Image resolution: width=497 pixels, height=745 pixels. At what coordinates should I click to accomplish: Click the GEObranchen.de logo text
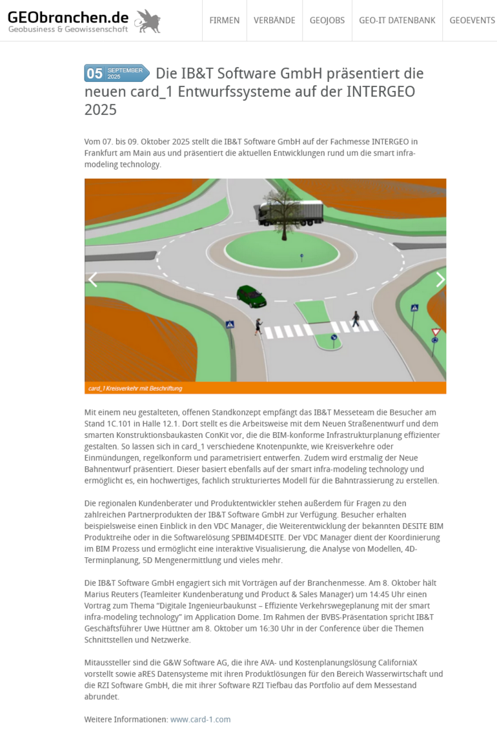coord(68,17)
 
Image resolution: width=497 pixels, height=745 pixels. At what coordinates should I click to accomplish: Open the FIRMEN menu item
coord(224,21)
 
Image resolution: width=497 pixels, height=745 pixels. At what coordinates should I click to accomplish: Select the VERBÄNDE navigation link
coord(274,21)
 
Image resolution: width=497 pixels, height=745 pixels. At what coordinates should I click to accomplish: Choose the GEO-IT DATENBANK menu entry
coord(397,21)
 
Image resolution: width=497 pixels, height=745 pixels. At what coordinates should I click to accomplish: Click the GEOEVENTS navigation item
coord(472,21)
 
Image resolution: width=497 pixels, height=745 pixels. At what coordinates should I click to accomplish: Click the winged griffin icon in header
coord(148,21)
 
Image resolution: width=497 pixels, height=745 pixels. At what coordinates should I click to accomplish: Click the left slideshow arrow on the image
coord(93,279)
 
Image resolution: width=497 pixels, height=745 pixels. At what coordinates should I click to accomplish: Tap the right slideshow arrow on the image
coord(440,279)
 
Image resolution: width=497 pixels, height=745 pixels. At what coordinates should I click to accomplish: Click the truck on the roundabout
coord(290,212)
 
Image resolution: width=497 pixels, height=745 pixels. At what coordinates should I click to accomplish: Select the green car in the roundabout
coord(251,296)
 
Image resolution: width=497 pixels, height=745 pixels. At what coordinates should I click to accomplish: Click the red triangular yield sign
coord(436,332)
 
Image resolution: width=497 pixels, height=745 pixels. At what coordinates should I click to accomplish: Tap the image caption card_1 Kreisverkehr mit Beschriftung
coord(136,388)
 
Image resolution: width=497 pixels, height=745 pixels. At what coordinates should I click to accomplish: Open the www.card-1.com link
coord(200,719)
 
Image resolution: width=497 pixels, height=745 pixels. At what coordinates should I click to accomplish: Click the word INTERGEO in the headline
coord(380,92)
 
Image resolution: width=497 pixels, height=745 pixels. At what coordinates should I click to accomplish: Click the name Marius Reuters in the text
coord(112,594)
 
